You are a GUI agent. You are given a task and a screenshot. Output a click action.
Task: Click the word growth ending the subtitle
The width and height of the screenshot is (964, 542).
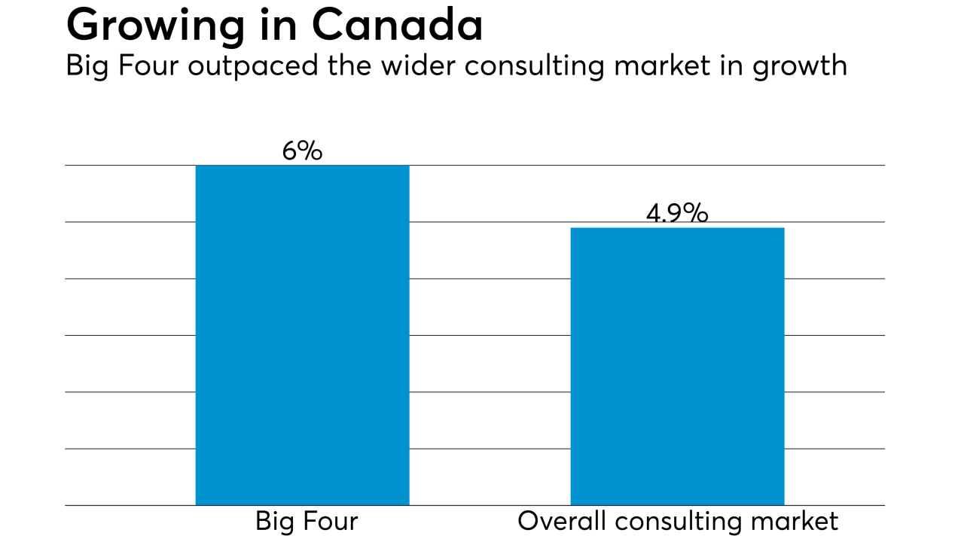pos(801,67)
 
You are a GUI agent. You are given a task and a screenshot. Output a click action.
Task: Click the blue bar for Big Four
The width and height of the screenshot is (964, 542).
pos(302,335)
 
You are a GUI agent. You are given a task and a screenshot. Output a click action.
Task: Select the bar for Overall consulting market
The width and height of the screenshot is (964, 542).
pos(677,366)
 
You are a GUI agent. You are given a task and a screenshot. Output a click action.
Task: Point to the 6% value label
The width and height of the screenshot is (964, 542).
pos(302,151)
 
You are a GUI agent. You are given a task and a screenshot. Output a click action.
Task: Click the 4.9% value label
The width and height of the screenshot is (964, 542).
pos(677,214)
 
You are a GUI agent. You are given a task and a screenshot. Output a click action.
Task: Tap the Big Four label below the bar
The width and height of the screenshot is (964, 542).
pos(307,521)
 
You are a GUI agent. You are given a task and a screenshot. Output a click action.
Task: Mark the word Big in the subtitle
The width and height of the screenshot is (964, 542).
pos(87,67)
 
